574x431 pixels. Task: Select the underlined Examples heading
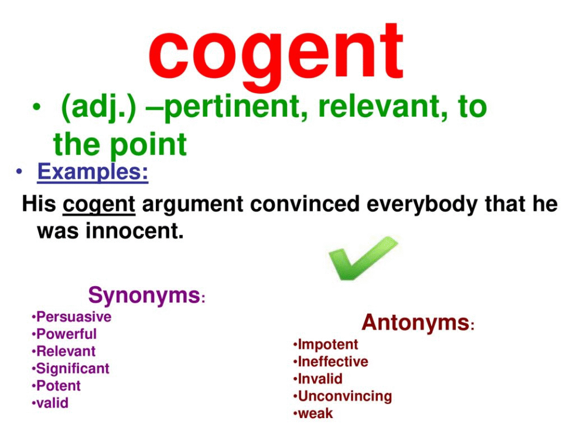point(93,172)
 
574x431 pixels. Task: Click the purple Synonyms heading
point(144,295)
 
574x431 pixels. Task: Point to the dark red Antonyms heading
point(416,323)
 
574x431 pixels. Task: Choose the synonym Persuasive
point(73,317)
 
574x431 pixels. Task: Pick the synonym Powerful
point(66,334)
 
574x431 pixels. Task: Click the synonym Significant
point(73,369)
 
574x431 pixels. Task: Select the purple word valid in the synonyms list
point(52,403)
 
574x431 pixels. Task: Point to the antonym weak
point(315,413)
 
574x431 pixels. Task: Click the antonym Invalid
point(320,379)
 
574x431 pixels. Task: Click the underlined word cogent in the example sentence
point(99,205)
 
